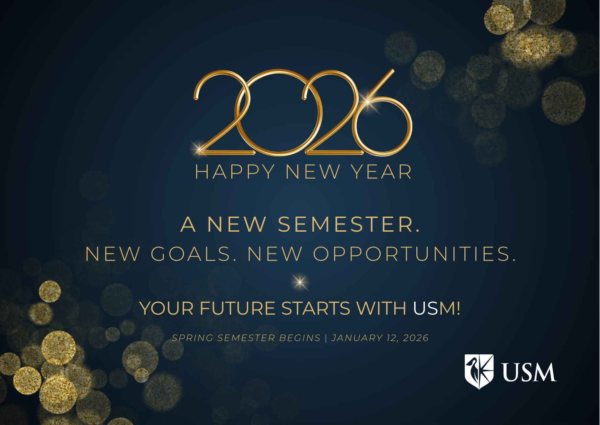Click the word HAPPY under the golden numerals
click(235, 172)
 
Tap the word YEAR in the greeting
click(381, 172)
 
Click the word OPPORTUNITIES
click(414, 254)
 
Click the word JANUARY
click(357, 338)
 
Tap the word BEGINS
click(300, 338)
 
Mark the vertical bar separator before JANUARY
click(326, 338)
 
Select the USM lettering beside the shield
click(529, 372)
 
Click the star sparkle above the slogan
click(300, 282)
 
